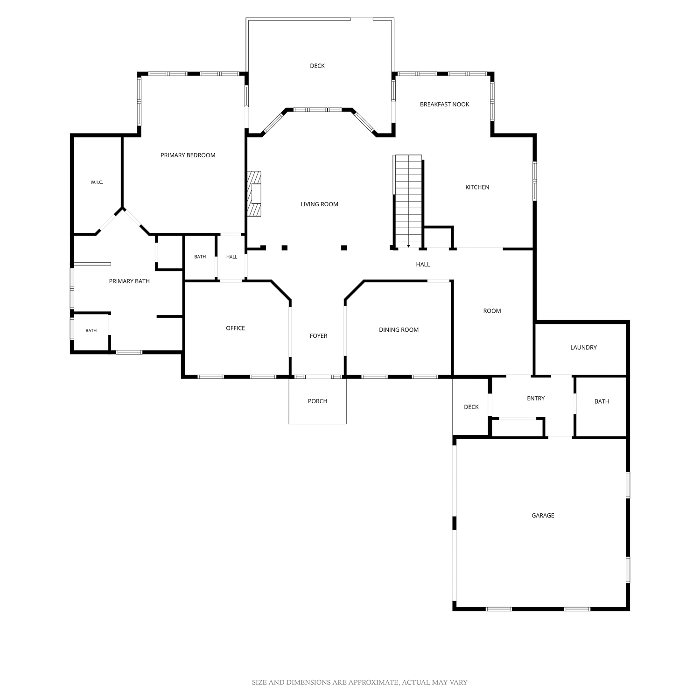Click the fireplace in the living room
point(254,194)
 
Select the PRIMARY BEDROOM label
point(188,155)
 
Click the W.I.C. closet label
point(97,182)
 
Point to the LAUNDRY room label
point(583,348)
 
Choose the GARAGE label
point(543,516)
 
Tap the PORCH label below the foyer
point(317,401)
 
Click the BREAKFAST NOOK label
point(445,105)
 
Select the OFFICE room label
point(235,329)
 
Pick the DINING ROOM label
point(399,330)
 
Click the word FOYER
point(319,336)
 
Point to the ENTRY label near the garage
point(536,399)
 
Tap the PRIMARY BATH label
point(129,281)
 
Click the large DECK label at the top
point(317,66)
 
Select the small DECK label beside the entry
point(471,407)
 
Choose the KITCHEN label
point(477,188)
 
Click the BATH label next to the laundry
point(602,401)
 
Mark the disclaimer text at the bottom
point(360,682)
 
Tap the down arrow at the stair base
point(408,245)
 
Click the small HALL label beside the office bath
point(232,257)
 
